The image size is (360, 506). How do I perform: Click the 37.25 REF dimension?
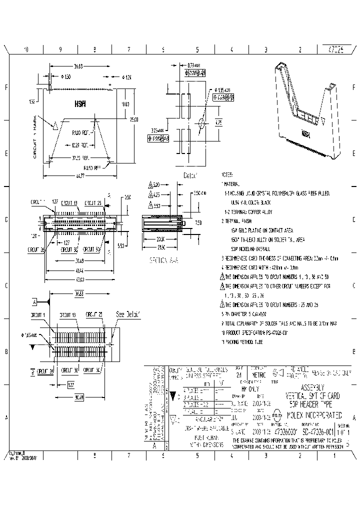click(x=80, y=157)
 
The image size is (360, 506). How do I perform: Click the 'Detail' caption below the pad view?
click(x=190, y=175)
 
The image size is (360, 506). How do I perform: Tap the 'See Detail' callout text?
click(x=128, y=314)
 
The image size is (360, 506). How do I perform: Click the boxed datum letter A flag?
click(x=35, y=302)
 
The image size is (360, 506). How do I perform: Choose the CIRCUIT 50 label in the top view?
click(x=91, y=248)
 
